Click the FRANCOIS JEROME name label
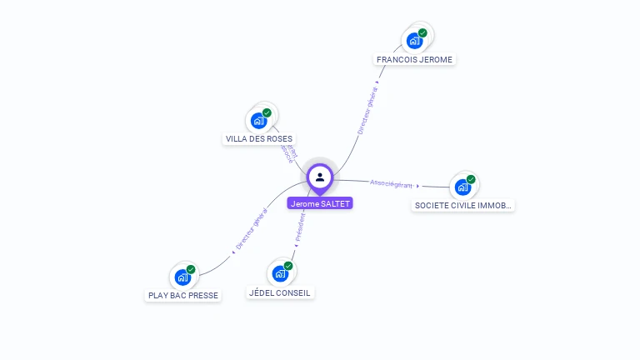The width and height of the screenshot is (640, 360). [x=414, y=60]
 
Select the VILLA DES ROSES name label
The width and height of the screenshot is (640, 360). [x=259, y=139]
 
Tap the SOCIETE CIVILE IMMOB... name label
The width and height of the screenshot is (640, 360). [x=463, y=205]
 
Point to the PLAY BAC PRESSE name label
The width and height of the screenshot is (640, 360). [x=183, y=295]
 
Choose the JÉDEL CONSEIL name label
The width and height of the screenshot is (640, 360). [x=280, y=293]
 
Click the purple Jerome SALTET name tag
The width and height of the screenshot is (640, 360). [x=320, y=203]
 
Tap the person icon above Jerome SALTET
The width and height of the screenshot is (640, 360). [x=320, y=177]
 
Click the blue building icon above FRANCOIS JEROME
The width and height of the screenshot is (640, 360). [x=414, y=40]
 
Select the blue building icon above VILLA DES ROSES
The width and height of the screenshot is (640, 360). [x=258, y=120]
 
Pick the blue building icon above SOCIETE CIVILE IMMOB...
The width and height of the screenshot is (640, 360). [x=462, y=187]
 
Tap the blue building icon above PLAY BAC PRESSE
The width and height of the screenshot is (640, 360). [x=182, y=277]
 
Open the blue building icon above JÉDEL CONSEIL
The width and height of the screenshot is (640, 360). [x=280, y=273]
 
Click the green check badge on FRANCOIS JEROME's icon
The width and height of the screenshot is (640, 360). [x=422, y=32]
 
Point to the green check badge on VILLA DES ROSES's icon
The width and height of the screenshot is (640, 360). [x=267, y=112]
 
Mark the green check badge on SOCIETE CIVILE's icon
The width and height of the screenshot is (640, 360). [x=471, y=179]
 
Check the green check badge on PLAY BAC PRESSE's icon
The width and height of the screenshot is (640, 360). [x=191, y=269]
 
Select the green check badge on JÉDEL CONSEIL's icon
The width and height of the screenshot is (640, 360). [x=288, y=266]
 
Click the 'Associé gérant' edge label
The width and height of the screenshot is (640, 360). [x=391, y=183]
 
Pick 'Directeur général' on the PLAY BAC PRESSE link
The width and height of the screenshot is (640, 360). [x=251, y=229]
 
